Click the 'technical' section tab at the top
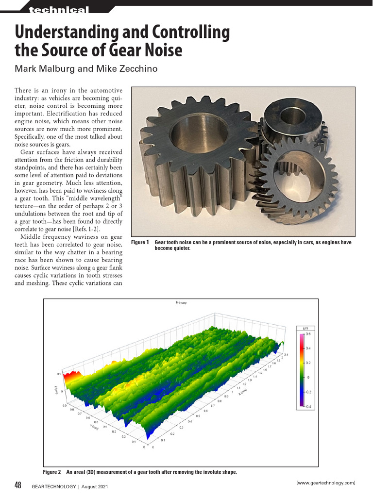point(59,10)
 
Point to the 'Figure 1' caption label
point(140,242)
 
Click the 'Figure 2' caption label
point(52,472)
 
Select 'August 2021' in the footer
point(95,486)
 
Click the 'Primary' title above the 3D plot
point(181,303)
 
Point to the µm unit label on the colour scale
point(306,328)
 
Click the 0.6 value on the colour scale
point(308,334)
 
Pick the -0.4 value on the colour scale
point(308,406)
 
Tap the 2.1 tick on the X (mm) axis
point(286,355)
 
